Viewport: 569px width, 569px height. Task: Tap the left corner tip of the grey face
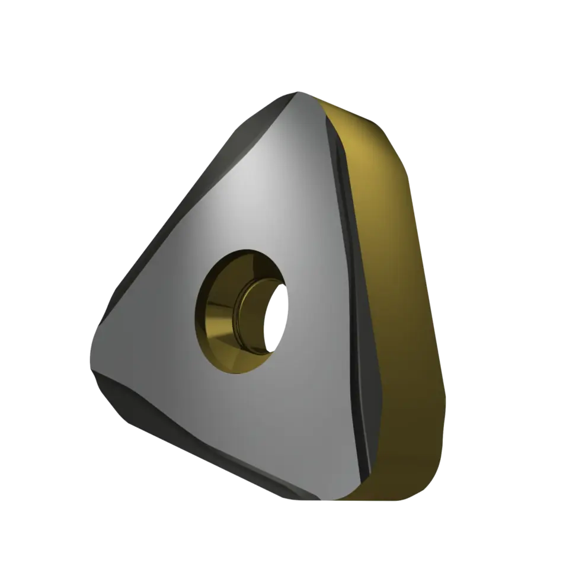[x=90, y=356]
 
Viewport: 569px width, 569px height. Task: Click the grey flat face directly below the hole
[x=249, y=427]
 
